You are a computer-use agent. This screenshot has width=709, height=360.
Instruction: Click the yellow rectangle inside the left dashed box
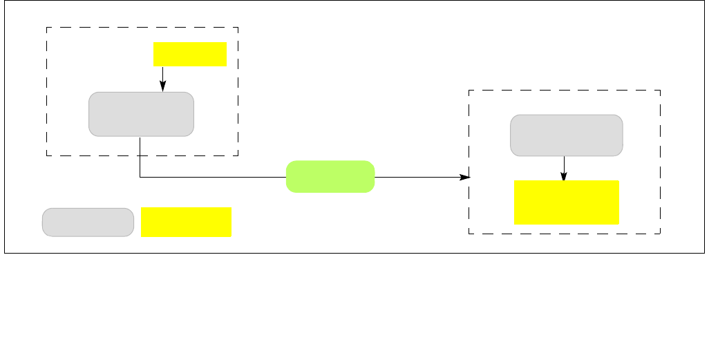190,54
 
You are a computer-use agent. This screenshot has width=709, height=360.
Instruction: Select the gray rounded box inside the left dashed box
141,114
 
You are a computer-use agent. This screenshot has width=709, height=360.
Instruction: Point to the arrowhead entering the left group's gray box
162,88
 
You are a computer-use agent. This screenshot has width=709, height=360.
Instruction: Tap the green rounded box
330,176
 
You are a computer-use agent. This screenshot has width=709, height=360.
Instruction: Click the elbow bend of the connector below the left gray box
140,177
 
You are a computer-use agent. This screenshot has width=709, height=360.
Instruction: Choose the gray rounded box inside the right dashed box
566,135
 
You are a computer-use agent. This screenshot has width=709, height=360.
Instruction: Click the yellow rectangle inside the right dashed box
566,202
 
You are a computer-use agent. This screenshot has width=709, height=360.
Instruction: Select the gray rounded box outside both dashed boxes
88,222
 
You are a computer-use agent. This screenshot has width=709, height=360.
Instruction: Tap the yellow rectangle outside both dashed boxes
186,222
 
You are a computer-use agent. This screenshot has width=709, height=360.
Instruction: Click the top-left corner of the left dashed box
46,28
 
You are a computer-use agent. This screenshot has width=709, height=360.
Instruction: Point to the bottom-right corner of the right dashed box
661,234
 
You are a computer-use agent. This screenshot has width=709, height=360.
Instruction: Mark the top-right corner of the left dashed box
238,28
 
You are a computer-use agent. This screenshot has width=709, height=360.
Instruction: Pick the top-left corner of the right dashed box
469,90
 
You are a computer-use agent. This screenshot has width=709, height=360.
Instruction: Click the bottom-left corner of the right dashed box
469,234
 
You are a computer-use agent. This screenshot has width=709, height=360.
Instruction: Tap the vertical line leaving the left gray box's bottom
140,156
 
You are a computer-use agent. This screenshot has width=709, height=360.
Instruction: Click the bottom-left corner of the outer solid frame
5,253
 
